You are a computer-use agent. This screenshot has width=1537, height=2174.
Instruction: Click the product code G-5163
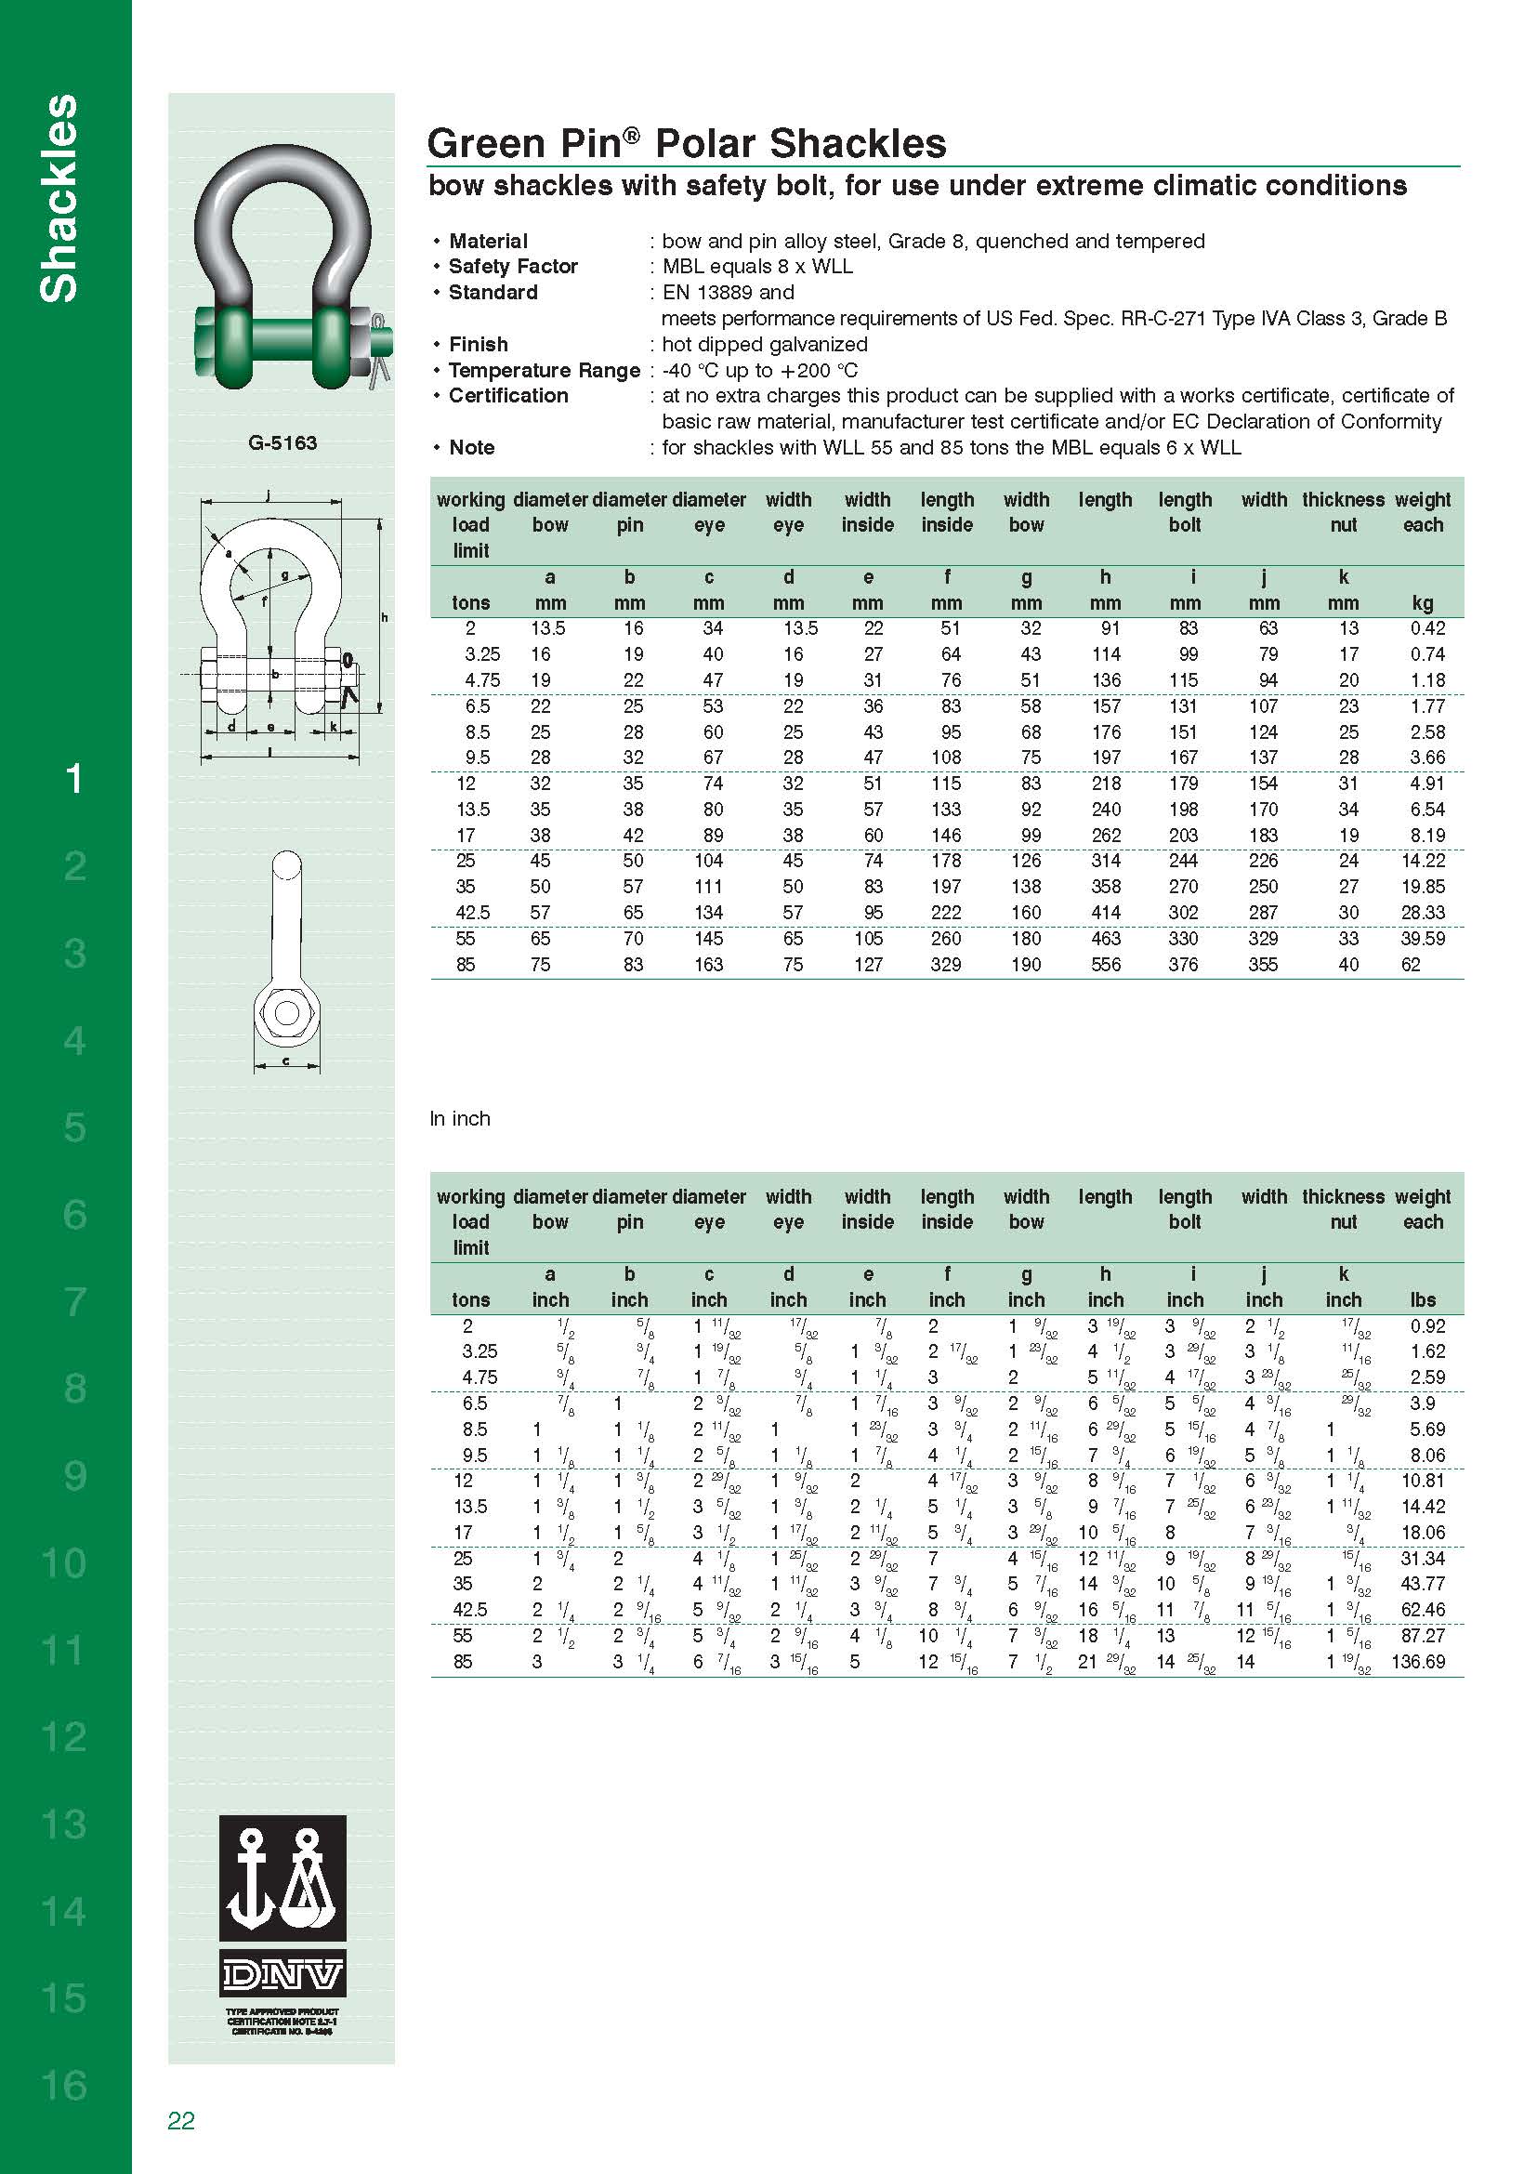click(282, 443)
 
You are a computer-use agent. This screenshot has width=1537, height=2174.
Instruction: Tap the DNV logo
click(282, 1975)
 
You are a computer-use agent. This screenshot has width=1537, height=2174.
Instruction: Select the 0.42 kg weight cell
click(1427, 628)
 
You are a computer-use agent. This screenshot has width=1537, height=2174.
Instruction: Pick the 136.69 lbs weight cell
click(1418, 1662)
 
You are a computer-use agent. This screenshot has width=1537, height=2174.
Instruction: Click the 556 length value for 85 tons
click(1106, 965)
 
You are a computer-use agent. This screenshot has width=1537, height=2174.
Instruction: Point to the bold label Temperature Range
click(545, 370)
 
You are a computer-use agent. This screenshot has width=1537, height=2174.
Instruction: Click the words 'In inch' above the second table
click(460, 1118)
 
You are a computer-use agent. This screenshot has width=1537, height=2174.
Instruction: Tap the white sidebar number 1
click(73, 778)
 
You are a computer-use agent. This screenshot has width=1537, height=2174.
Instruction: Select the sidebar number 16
click(64, 2085)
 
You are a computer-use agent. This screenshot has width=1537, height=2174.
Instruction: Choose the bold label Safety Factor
click(513, 267)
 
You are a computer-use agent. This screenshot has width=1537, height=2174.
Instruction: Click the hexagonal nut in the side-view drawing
click(286, 1013)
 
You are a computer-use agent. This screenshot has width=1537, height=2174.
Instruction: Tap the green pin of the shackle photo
click(284, 338)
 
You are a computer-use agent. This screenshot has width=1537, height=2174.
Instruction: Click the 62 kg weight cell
click(1411, 965)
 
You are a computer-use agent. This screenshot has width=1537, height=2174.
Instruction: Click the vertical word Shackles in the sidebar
click(59, 199)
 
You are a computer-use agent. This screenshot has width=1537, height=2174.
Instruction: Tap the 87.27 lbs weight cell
click(1424, 1635)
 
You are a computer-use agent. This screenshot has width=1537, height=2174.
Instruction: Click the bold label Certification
click(508, 396)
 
